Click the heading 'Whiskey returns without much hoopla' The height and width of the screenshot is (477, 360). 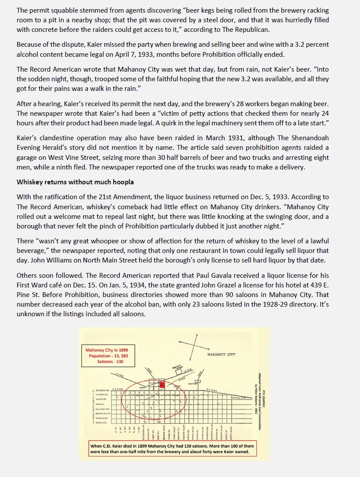(x=75, y=182)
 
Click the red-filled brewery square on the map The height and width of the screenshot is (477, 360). (x=162, y=385)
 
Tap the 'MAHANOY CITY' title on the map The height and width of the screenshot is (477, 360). (x=222, y=354)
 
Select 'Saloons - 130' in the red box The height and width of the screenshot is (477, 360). (x=107, y=361)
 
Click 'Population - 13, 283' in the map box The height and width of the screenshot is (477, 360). (x=107, y=356)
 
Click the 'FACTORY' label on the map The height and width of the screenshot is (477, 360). (x=193, y=384)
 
